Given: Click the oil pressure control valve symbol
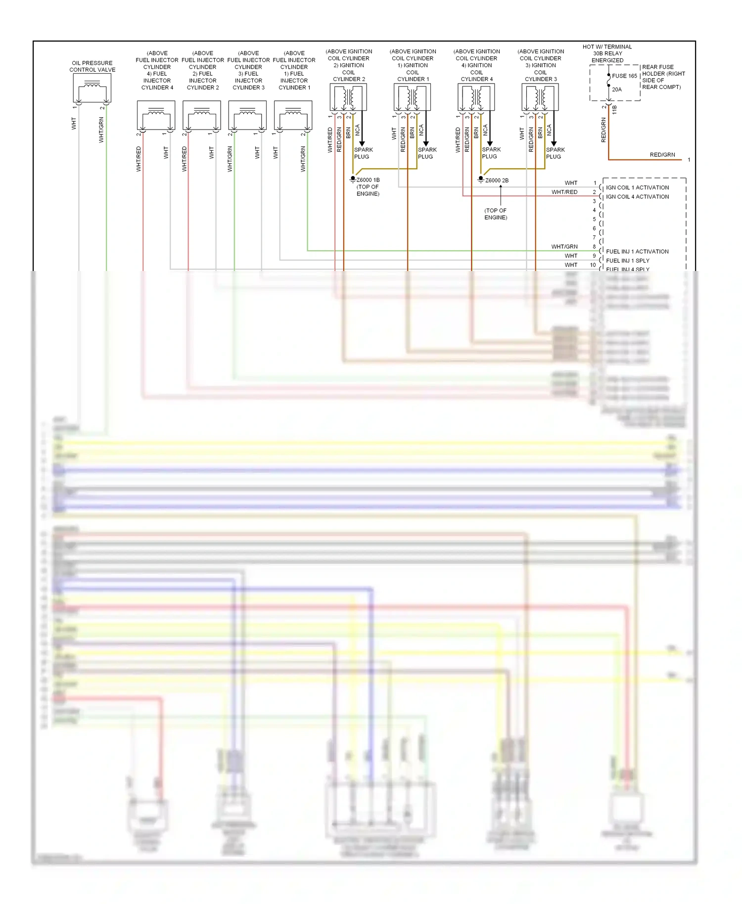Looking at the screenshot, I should click(92, 88).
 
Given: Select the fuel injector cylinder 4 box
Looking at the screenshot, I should click(156, 115).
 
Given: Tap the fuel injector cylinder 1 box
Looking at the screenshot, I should click(293, 115).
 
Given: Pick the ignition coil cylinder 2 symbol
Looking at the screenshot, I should click(348, 97).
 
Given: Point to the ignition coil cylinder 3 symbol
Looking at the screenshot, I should click(540, 97).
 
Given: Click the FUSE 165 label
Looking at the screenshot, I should click(624, 76).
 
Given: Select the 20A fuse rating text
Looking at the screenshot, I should click(617, 90).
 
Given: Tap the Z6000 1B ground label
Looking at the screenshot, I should click(368, 180).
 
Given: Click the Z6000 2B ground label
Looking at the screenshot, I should click(497, 181).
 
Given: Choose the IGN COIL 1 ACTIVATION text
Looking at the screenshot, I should click(637, 187).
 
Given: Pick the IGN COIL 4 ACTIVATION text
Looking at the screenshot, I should click(637, 197).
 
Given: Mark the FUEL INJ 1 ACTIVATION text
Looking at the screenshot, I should click(637, 251).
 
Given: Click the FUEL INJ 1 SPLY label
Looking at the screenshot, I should click(628, 261).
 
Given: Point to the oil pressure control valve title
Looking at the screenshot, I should click(93, 66).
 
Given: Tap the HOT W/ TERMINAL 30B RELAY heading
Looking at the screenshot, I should click(607, 53).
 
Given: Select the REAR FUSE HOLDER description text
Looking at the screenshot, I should click(663, 77).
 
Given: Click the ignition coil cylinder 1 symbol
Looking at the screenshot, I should click(412, 97).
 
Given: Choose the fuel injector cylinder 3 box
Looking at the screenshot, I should click(247, 115).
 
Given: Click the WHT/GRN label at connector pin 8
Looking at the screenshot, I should click(564, 246).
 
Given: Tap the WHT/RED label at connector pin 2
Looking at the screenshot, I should click(564, 192).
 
